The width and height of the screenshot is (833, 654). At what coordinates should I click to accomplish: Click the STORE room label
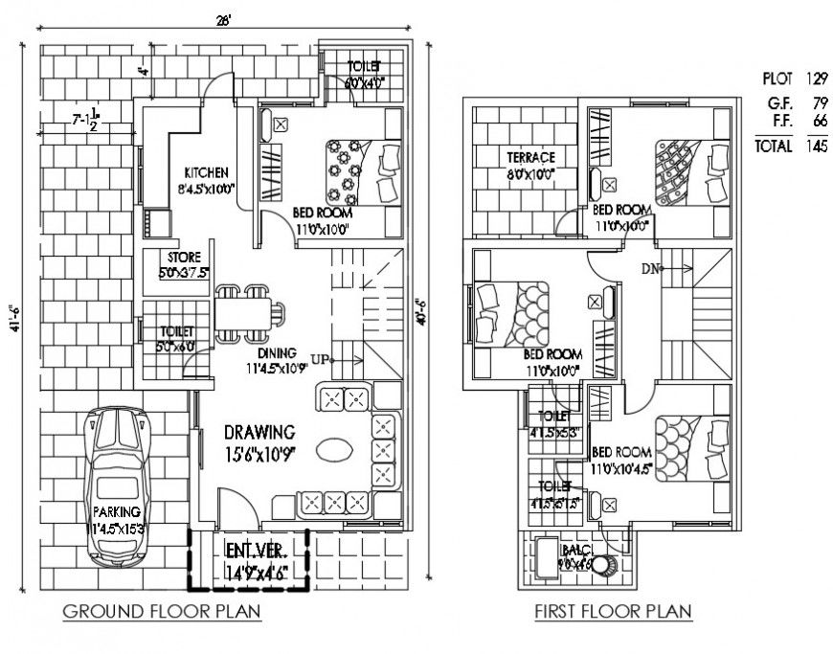182,258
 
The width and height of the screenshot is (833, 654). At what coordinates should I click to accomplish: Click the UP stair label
321,359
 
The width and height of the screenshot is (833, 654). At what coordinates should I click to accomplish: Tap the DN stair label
651,269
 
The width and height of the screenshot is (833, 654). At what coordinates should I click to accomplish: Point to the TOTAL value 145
817,147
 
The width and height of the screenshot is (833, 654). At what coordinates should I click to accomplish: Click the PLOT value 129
816,78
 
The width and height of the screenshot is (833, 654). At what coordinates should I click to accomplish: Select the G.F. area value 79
818,102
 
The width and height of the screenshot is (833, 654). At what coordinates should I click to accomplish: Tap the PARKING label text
117,511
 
